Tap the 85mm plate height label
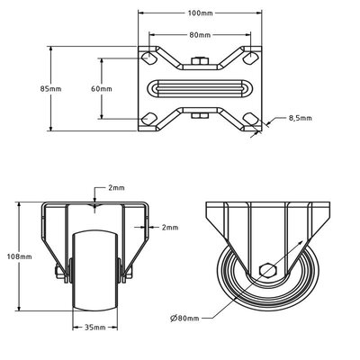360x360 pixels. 51,89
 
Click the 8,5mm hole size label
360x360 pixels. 300,117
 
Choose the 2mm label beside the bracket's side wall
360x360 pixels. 169,228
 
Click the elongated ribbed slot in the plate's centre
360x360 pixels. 201,90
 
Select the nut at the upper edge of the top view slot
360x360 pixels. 201,62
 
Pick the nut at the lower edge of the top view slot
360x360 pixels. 201,115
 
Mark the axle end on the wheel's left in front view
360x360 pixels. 64,272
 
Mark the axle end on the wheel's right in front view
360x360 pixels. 129,272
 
